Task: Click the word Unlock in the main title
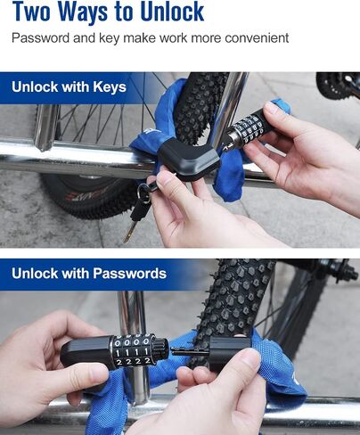172,12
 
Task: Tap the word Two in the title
31,12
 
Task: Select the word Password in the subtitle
40,38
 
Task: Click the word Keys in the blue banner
110,87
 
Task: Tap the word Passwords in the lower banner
129,274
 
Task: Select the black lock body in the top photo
188,160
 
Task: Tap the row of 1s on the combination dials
132,352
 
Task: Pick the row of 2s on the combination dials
134,361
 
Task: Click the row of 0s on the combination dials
132,342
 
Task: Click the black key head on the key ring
140,209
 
